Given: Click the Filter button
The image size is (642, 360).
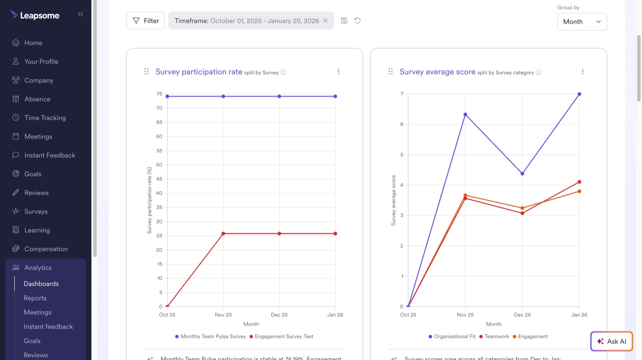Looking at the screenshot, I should (145, 21).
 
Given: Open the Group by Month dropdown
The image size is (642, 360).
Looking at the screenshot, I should (582, 22).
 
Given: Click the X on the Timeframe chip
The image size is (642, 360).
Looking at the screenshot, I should (325, 21).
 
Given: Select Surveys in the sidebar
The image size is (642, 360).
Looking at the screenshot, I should (36, 211).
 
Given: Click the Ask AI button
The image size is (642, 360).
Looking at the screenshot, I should (611, 341).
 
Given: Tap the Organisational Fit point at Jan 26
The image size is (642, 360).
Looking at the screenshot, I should (579, 94).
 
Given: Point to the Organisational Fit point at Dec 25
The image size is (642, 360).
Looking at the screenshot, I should (522, 173).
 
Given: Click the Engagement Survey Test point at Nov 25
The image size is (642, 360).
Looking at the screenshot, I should (223, 233).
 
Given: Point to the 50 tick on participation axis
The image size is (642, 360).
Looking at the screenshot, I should (159, 165).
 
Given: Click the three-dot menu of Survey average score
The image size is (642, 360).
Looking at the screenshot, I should (583, 72).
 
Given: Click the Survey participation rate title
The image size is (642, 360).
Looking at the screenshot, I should (199, 72).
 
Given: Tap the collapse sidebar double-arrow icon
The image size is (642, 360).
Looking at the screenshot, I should (81, 14).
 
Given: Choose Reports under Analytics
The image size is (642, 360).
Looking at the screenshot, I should (35, 298).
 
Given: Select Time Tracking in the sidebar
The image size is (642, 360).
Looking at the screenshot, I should (45, 118).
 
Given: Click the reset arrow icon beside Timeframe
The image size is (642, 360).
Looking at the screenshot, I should (357, 21).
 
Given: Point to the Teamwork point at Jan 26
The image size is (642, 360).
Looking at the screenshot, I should (579, 182).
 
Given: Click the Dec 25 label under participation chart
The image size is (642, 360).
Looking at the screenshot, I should (279, 315).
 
